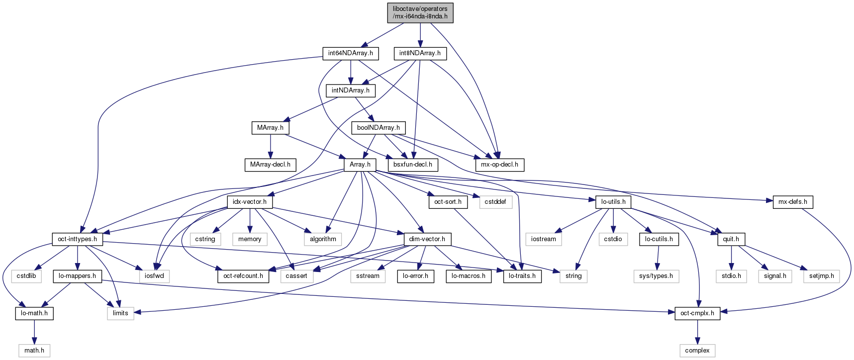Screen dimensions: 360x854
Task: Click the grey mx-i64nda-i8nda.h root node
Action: coord(420,12)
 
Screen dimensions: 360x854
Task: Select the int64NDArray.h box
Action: coord(351,53)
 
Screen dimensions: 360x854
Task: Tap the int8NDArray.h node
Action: coord(420,53)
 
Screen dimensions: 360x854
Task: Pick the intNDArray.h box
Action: coord(351,90)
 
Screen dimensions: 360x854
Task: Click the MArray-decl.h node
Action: coord(270,165)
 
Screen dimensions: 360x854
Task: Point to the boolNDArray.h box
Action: coord(379,128)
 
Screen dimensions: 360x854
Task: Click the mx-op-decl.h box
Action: coord(499,165)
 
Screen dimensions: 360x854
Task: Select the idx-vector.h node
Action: coord(250,202)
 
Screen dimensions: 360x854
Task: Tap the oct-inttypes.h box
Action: coord(78,239)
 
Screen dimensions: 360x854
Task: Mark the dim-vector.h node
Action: coord(427,239)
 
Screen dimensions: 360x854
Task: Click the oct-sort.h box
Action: coord(448,202)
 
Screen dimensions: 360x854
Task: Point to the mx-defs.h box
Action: coord(793,202)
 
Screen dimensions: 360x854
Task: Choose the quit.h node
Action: coord(731,239)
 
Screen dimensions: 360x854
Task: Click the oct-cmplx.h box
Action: coord(697,313)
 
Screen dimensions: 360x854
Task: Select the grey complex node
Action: coord(697,351)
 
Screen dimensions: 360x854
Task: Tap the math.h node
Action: coord(34,351)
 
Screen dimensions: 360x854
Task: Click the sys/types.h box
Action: coord(657,276)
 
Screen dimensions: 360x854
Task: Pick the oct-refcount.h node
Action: coord(243,276)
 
